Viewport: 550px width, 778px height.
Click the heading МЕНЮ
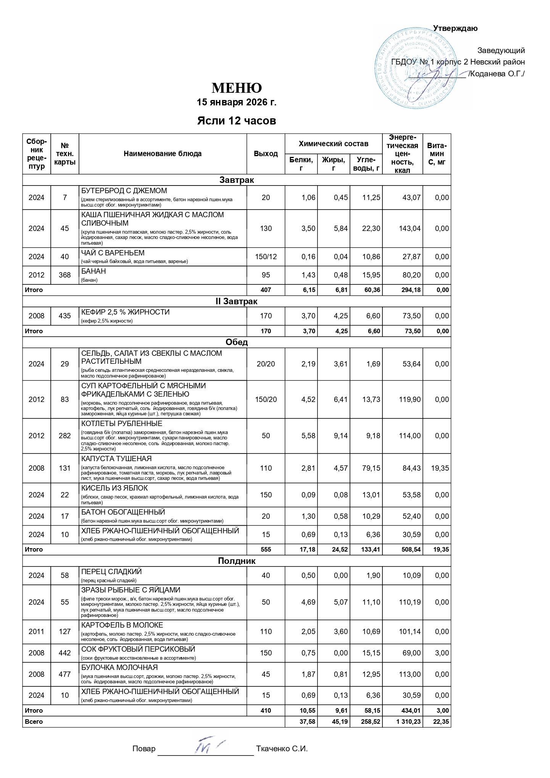pos(237,88)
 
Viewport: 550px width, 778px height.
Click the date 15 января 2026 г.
pos(236,102)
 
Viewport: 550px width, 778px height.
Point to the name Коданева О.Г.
pos(497,74)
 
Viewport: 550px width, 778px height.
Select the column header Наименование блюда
pos(163,154)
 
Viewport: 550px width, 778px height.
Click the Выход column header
pos(266,154)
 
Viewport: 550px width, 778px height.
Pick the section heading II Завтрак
pos(237,302)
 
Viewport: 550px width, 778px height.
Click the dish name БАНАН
pos(94,271)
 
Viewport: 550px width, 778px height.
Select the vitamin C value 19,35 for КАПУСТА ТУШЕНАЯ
pos(440,468)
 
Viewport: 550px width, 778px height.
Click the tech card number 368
pos(65,275)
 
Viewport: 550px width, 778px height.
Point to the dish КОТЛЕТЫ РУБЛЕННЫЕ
pos(122,424)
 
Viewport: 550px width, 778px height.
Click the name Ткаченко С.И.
pos(282,749)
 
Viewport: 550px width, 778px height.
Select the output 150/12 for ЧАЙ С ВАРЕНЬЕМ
pos(266,257)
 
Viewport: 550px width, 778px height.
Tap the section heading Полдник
pos(237,561)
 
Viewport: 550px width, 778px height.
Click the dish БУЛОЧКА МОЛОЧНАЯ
pos(119,668)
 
